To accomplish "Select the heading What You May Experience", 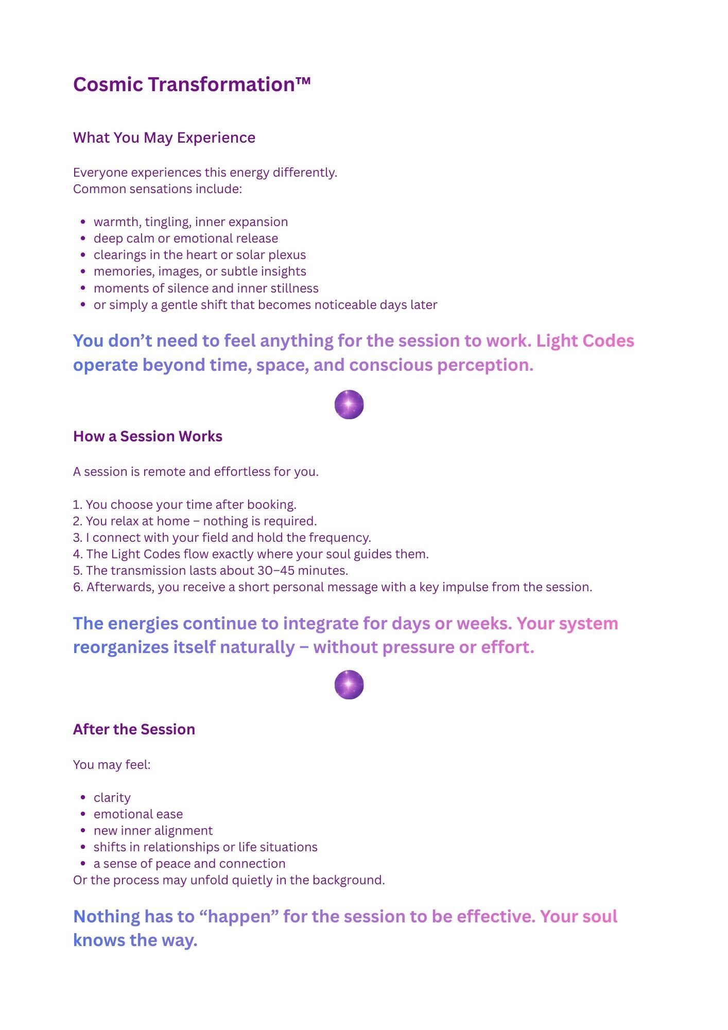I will (x=164, y=138).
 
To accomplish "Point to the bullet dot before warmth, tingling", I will (x=83, y=222).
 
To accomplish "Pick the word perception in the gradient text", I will (x=485, y=365).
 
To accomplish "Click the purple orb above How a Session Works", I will (x=349, y=404).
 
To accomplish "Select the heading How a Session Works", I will (x=148, y=437).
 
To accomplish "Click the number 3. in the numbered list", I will (x=78, y=538).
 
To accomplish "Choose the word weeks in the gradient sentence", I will (x=483, y=624).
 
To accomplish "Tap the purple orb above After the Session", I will (x=349, y=684).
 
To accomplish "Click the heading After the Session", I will (x=134, y=729).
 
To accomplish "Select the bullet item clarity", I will (x=112, y=798).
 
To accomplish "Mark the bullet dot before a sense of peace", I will (x=83, y=864).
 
